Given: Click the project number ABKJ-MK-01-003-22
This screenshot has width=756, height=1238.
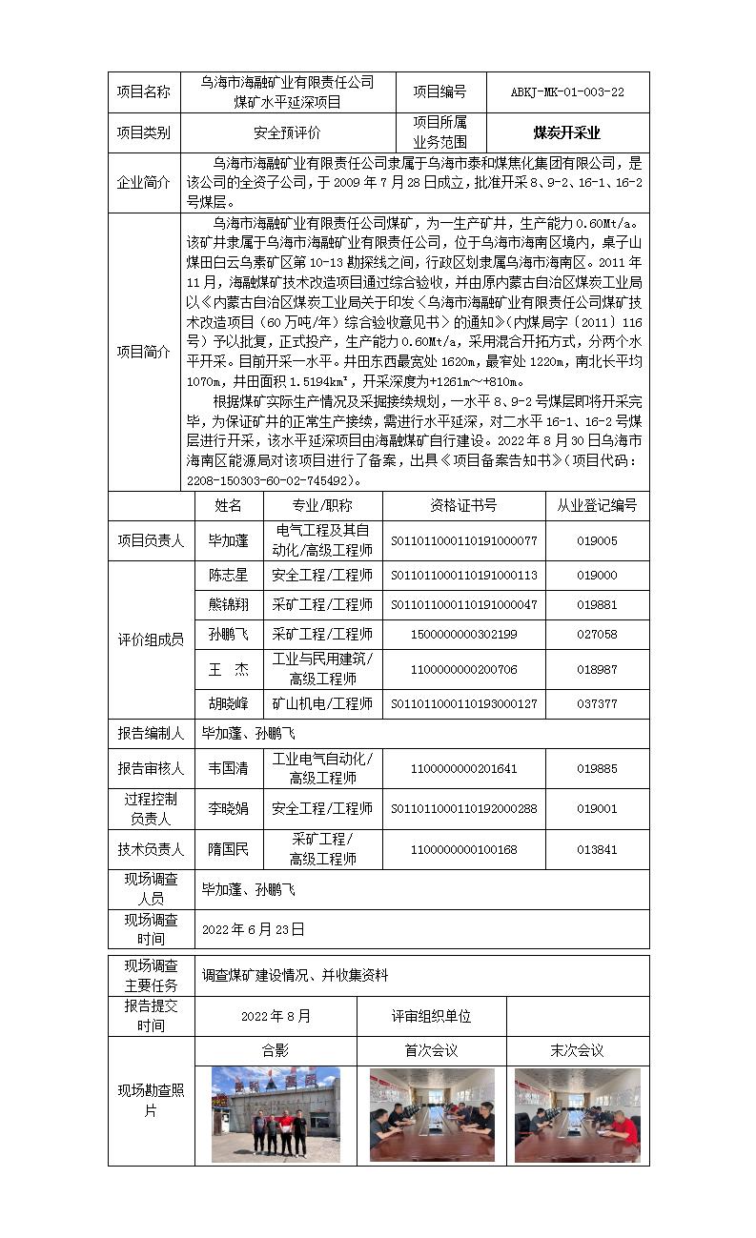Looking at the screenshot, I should coord(567,92).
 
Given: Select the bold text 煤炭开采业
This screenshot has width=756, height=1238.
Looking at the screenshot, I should coord(567,133).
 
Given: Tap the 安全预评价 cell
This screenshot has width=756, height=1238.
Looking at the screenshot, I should coord(287,133).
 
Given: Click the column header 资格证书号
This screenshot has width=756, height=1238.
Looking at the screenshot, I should coord(463,505).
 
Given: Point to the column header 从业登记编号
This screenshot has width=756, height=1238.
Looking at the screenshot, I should coord(597,505).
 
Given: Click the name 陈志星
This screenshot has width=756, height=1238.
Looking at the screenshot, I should coord(229,576).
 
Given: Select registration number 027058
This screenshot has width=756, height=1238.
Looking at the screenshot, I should coord(597,634).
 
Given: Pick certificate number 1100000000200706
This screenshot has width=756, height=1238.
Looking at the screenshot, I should coord(463,670).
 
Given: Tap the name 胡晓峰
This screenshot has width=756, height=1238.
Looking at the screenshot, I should coord(229,704).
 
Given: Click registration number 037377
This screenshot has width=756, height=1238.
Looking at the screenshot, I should coord(597,704).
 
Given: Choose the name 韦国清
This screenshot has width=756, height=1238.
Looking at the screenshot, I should coord(229,768).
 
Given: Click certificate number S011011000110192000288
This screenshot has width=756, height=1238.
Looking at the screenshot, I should coord(463,809).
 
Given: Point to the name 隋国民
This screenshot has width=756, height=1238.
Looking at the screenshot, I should coord(229,849).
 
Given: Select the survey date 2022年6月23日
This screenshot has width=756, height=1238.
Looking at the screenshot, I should coord(254,928).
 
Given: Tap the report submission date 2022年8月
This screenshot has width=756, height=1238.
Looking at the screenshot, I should coord(276,1017).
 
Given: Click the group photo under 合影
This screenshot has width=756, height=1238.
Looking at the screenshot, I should coord(276,1114).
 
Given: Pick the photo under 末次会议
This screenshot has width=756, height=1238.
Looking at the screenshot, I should coord(577,1114).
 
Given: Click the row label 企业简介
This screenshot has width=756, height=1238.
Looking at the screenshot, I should coord(144,183).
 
